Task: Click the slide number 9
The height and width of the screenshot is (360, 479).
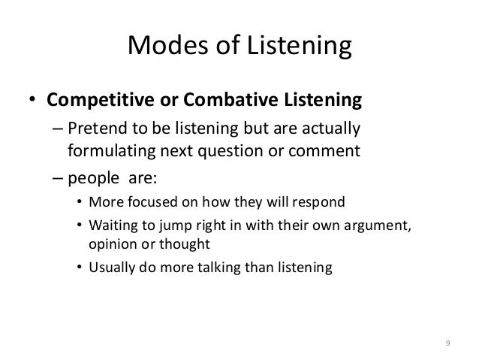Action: [447, 343]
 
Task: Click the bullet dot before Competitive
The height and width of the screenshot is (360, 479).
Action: [32, 101]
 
